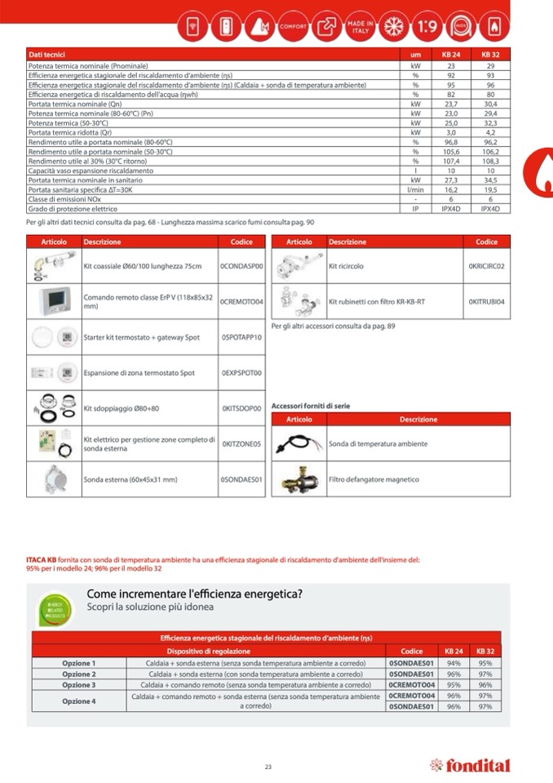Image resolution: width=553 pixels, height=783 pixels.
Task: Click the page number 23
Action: pyautogui.click(x=268, y=766)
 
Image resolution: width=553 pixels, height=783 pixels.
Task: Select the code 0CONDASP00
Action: pyautogui.click(x=241, y=266)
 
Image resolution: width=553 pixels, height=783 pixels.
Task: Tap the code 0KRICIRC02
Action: pyautogui.click(x=486, y=266)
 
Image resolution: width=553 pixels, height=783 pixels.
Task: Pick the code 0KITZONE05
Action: pyautogui.click(x=241, y=444)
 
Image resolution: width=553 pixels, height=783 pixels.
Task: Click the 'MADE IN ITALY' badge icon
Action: pyautogui.click(x=359, y=26)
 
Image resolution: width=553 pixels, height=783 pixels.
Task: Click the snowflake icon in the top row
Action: pyautogui.click(x=394, y=26)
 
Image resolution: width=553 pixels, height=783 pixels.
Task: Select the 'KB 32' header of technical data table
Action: pyautogui.click(x=490, y=54)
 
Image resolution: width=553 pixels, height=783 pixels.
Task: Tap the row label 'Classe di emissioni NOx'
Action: pyautogui.click(x=64, y=199)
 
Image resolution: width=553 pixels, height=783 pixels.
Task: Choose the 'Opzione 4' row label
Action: pyautogui.click(x=79, y=701)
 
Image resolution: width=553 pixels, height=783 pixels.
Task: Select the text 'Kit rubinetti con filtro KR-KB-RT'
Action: pyautogui.click(x=377, y=302)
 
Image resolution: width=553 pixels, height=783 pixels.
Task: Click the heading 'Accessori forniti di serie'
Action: pyautogui.click(x=310, y=406)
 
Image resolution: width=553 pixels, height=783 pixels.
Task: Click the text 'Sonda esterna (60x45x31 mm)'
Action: pyautogui.click(x=131, y=479)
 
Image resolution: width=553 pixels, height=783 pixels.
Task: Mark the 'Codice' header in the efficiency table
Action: pyautogui.click(x=412, y=651)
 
